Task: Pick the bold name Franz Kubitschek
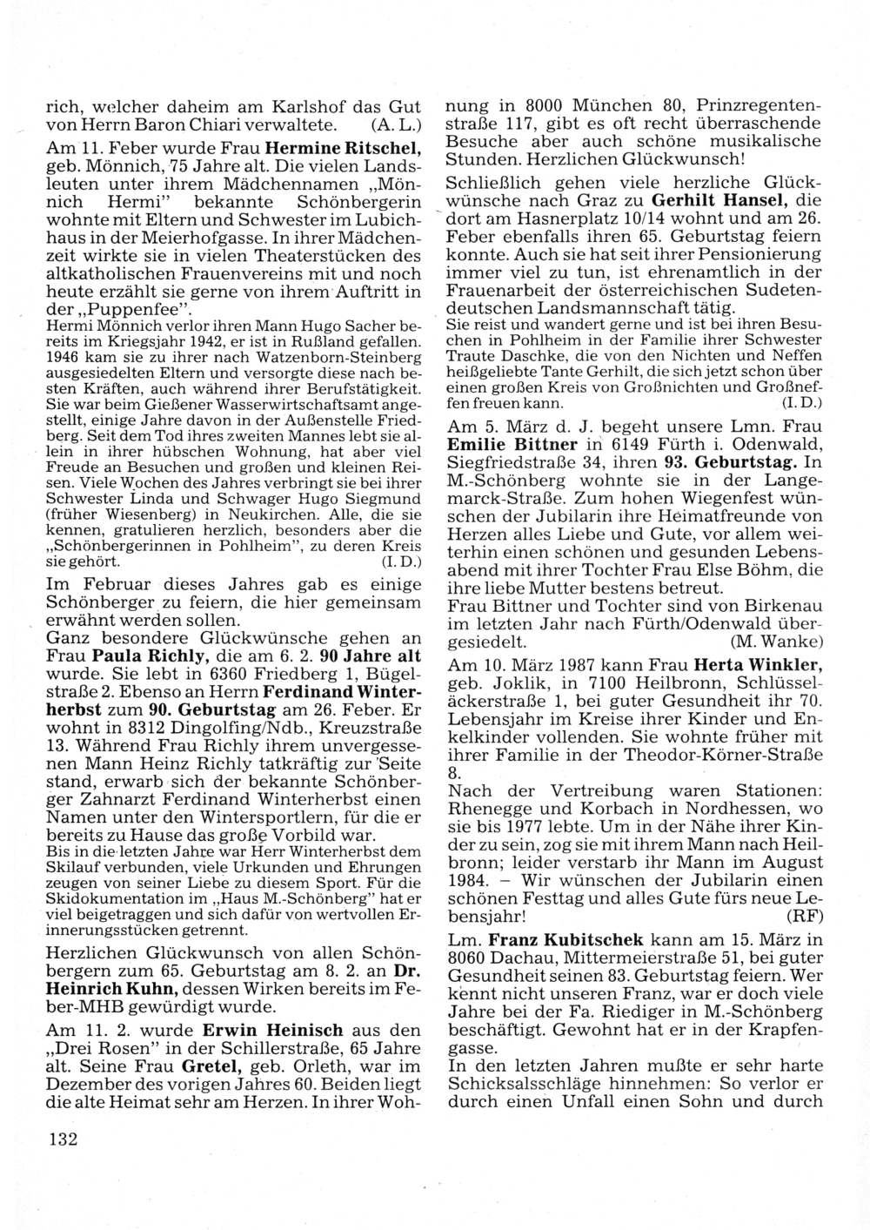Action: [x=565, y=940]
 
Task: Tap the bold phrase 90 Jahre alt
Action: [x=371, y=655]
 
